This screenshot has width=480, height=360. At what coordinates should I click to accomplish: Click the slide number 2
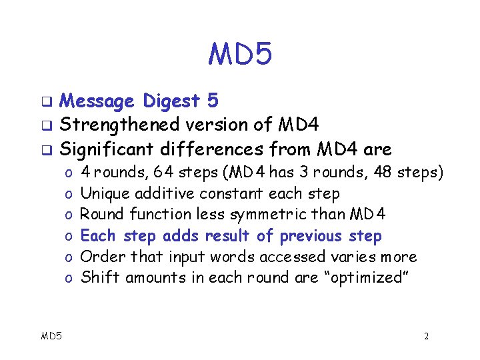pos(426,336)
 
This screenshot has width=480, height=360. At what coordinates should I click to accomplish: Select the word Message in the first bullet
pos(96,101)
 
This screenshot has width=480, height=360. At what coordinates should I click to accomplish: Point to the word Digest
pos(170,101)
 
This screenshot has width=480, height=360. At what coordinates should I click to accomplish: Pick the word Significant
pos(112,147)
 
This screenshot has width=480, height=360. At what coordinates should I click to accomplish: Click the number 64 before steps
pos(163,172)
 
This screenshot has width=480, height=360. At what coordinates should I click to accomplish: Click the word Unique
pos(105,193)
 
